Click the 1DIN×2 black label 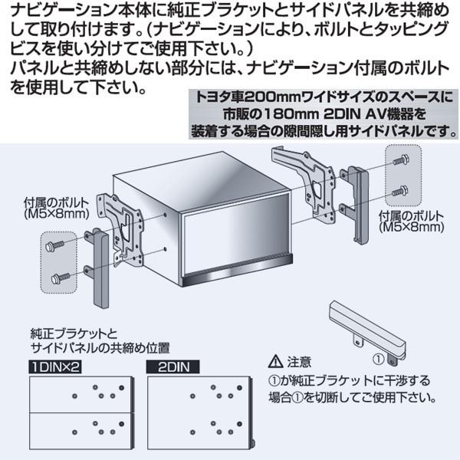pos(55,367)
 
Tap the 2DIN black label pos(172,367)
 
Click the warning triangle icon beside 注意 pos(275,361)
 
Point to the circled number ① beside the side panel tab pos(379,359)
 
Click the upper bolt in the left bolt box pos(54,245)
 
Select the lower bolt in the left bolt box pos(61,278)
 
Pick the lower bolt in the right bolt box pos(399,191)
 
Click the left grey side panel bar pos(100,268)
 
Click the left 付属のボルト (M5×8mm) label pos(56,209)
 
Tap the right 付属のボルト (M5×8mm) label pos(411,222)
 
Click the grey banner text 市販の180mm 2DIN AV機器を pos(324,113)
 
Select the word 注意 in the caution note pos(299,362)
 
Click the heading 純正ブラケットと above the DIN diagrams pos(74,334)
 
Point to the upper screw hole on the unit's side pos(165,215)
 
